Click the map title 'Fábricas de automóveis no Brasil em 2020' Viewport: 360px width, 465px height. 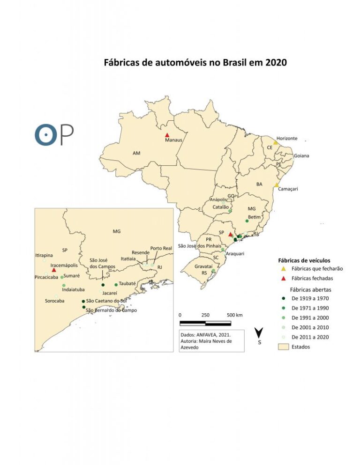195,63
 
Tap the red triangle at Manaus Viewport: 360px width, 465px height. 167,135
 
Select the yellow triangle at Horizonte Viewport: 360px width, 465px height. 276,142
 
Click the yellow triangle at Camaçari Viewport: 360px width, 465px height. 277,185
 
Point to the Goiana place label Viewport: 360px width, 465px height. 301,155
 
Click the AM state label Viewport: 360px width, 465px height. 136,153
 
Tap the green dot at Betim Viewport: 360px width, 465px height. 247,221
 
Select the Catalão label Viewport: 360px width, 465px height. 220,207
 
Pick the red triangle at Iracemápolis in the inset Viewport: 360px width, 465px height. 54,270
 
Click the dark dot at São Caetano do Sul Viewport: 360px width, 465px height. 83,301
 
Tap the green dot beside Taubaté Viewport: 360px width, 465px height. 116,285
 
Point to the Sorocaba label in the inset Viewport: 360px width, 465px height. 54,301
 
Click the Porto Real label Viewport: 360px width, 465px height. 161,248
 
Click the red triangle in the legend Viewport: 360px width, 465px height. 283,278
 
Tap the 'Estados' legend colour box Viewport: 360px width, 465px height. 283,347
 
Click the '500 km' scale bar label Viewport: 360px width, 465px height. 234,315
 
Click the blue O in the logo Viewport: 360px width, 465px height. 46,134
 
